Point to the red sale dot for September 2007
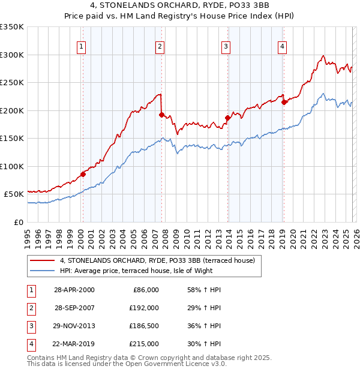161,115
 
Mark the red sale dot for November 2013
227,118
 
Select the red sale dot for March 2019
284,102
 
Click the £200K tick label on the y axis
11,110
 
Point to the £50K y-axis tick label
14,194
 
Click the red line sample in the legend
43,260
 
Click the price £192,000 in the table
145,307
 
